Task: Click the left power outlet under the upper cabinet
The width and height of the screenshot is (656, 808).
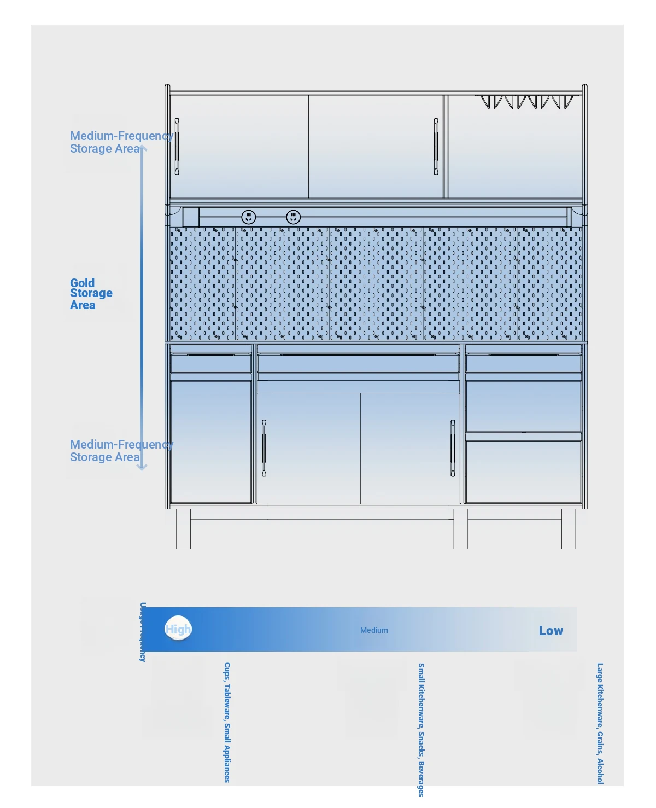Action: pos(249,217)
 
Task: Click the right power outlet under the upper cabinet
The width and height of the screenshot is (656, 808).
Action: pos(294,217)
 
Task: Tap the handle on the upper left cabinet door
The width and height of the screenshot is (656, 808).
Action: pos(177,146)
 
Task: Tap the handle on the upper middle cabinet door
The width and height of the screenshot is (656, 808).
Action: pos(436,146)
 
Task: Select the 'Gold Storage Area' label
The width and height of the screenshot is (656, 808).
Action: pos(91,294)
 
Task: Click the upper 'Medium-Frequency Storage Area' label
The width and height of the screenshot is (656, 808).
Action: pos(121,142)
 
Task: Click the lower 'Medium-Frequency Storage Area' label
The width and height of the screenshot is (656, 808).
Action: pos(121,451)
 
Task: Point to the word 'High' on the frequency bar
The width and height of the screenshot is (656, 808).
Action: pos(178,630)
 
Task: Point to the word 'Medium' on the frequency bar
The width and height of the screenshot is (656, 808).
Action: pos(374,630)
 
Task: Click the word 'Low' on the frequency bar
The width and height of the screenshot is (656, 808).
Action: pos(550,631)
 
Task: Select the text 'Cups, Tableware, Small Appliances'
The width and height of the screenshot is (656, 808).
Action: pos(227,722)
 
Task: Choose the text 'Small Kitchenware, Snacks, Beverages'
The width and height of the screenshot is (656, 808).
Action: pos(421,729)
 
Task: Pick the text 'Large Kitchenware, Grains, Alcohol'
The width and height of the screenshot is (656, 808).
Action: pos(600,723)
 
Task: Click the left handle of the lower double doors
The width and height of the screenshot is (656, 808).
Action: pos(264,448)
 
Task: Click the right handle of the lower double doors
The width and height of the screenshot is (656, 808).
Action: pos(453,448)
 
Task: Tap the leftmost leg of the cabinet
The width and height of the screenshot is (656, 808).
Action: pos(183,529)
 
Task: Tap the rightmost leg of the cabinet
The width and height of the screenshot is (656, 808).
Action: pos(569,529)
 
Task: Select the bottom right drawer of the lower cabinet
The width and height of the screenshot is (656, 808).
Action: pos(523,472)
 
